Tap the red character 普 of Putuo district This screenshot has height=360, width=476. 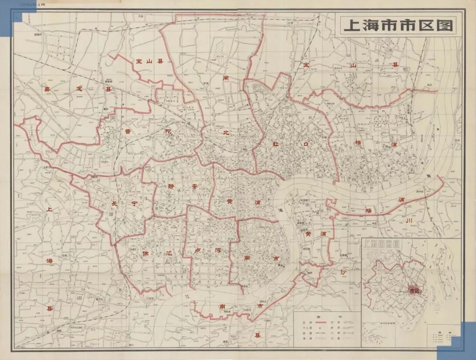tap(128, 131)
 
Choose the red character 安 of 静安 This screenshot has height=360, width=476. tap(194, 187)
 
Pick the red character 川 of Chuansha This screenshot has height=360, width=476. tap(408, 220)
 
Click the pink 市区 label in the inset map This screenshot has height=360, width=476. tap(413, 290)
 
